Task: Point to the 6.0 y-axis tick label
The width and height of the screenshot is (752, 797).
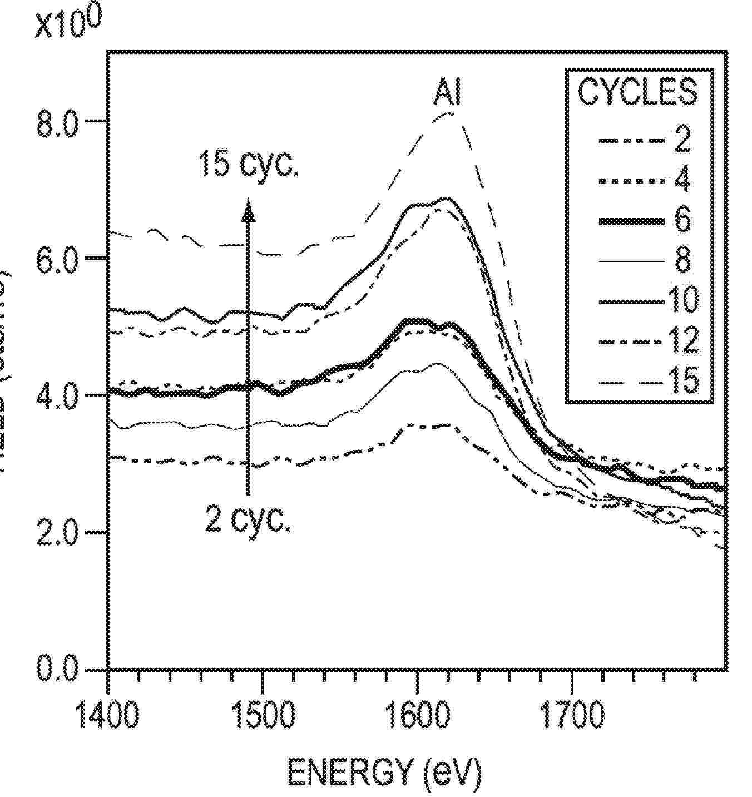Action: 56,261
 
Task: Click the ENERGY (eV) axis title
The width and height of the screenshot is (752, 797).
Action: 384,771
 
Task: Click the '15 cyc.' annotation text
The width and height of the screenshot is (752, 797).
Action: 249,164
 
